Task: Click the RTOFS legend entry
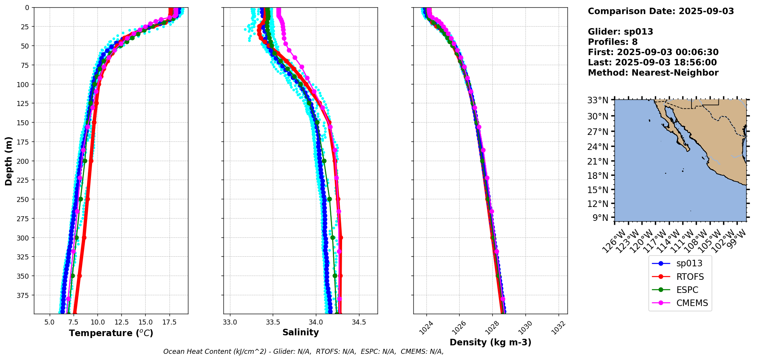point(690,277)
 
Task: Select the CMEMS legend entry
point(692,303)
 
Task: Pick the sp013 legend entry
point(689,264)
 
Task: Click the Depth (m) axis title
point(8,161)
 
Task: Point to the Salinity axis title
point(300,332)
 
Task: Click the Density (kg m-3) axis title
point(490,342)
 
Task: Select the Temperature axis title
point(111,333)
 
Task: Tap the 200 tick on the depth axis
point(24,161)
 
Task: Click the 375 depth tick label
point(24,295)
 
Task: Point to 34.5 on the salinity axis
point(359,322)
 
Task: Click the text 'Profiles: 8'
point(613,42)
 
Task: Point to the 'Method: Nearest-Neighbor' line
point(653,73)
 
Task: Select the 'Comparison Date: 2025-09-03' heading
point(661,11)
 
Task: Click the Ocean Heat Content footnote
point(303,352)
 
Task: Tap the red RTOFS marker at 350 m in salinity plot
point(340,276)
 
